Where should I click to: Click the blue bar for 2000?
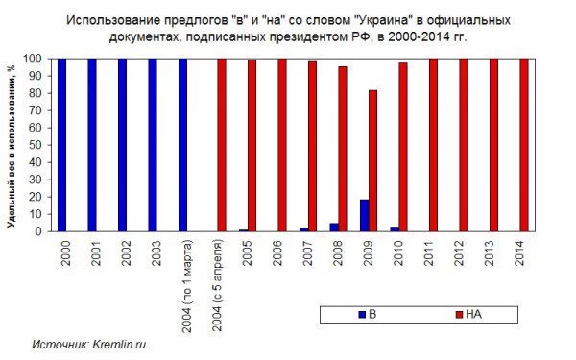click(61, 144)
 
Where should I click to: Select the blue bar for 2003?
click(153, 144)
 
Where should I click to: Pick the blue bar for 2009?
click(364, 216)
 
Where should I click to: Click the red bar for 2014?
click(524, 144)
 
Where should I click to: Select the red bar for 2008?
click(343, 149)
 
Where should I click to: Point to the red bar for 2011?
click(433, 144)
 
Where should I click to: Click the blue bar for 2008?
click(334, 228)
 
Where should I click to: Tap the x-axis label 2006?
click(279, 253)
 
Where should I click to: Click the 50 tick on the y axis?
click(43, 145)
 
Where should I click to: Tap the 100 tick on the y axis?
click(40, 59)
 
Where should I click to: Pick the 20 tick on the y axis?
click(43, 197)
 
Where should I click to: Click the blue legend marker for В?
click(362, 314)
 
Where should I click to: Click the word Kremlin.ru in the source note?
click(121, 343)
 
